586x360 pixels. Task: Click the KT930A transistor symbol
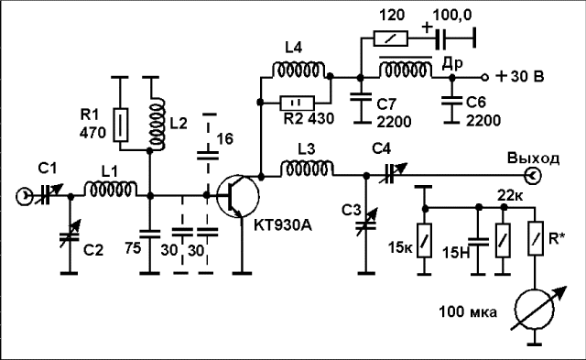click(x=238, y=196)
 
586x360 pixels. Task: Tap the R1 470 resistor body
click(x=121, y=125)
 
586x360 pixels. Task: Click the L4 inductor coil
click(x=298, y=71)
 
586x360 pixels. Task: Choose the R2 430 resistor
click(x=298, y=103)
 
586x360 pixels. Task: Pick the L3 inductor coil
click(x=307, y=169)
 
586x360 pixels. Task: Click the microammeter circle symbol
click(x=535, y=309)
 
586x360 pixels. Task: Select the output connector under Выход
click(x=533, y=175)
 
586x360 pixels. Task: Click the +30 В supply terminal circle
click(x=484, y=77)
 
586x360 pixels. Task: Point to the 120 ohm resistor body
click(x=391, y=38)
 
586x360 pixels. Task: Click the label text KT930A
click(x=283, y=225)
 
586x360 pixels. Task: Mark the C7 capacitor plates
click(x=361, y=97)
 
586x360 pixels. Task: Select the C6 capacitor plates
click(x=451, y=100)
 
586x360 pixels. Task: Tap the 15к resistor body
click(x=424, y=240)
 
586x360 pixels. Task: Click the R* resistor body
click(x=536, y=238)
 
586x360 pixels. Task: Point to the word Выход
click(x=533, y=158)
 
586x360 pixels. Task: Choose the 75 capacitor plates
click(x=149, y=234)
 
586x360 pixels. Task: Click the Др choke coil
click(x=406, y=69)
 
